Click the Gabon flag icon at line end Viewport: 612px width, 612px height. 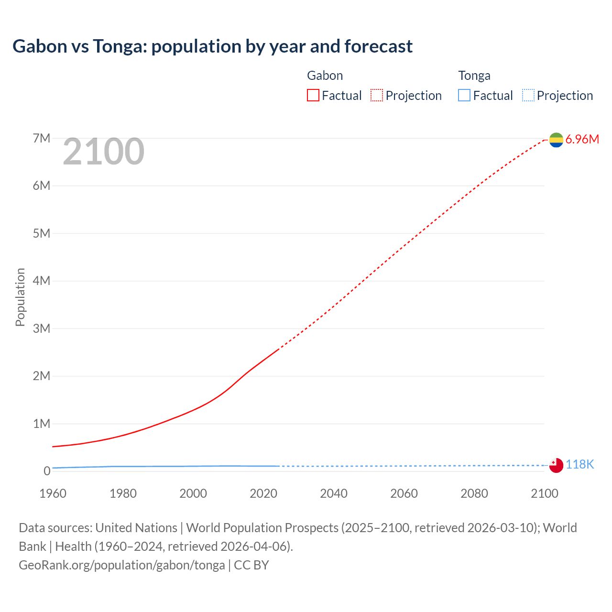click(556, 140)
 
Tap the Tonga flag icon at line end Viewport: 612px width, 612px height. click(556, 465)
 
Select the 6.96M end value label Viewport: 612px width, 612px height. click(582, 140)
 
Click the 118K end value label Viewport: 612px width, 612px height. click(580, 465)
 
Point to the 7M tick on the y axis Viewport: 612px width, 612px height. click(42, 139)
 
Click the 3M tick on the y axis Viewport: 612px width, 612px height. click(42, 328)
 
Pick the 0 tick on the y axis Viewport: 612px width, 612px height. click(47, 471)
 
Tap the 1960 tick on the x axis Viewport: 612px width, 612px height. click(53, 493)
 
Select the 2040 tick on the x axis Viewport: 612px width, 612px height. click(334, 493)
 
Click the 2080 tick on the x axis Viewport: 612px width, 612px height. click(474, 493)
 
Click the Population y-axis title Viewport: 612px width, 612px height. click(20, 297)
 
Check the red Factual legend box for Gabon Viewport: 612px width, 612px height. click(313, 96)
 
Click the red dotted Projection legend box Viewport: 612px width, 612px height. click(377, 96)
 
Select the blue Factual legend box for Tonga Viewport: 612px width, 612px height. click(464, 96)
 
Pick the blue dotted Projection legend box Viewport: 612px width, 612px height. click(528, 96)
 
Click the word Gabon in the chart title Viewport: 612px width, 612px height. click(40, 46)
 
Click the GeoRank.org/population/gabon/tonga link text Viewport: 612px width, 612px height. click(122, 565)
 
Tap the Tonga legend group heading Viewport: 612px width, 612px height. click(474, 76)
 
